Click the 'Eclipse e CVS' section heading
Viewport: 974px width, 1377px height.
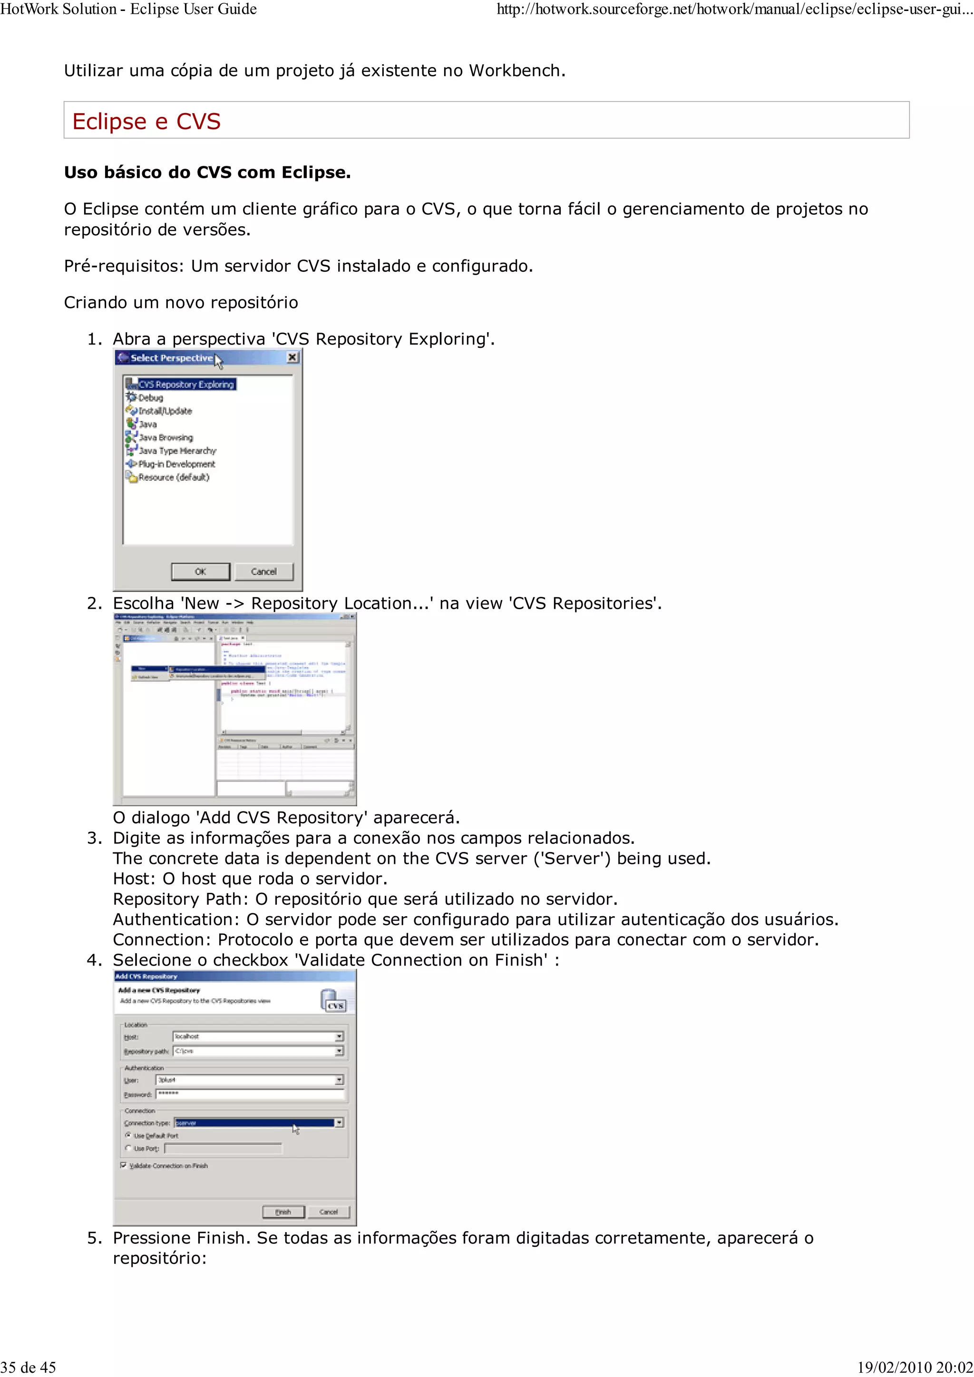click(146, 121)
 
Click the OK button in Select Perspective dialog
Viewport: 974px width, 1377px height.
click(200, 572)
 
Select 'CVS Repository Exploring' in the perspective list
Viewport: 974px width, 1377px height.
click(185, 384)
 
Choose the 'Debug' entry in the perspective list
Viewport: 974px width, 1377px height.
click(150, 398)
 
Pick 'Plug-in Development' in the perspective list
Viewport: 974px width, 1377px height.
click(176, 464)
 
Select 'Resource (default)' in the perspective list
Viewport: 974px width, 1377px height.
click(174, 478)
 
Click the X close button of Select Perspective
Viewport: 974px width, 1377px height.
click(292, 357)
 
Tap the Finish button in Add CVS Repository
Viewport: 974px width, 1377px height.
click(283, 1212)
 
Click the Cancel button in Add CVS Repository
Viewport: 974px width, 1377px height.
click(328, 1212)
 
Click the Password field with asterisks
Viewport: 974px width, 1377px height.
click(250, 1094)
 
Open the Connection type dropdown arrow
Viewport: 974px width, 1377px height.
click(339, 1122)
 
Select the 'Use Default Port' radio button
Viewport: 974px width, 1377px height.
click(128, 1135)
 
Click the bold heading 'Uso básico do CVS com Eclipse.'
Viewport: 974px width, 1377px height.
click(207, 173)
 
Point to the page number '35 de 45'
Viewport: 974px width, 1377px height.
click(28, 1367)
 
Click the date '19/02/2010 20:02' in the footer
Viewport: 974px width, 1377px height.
click(915, 1367)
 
